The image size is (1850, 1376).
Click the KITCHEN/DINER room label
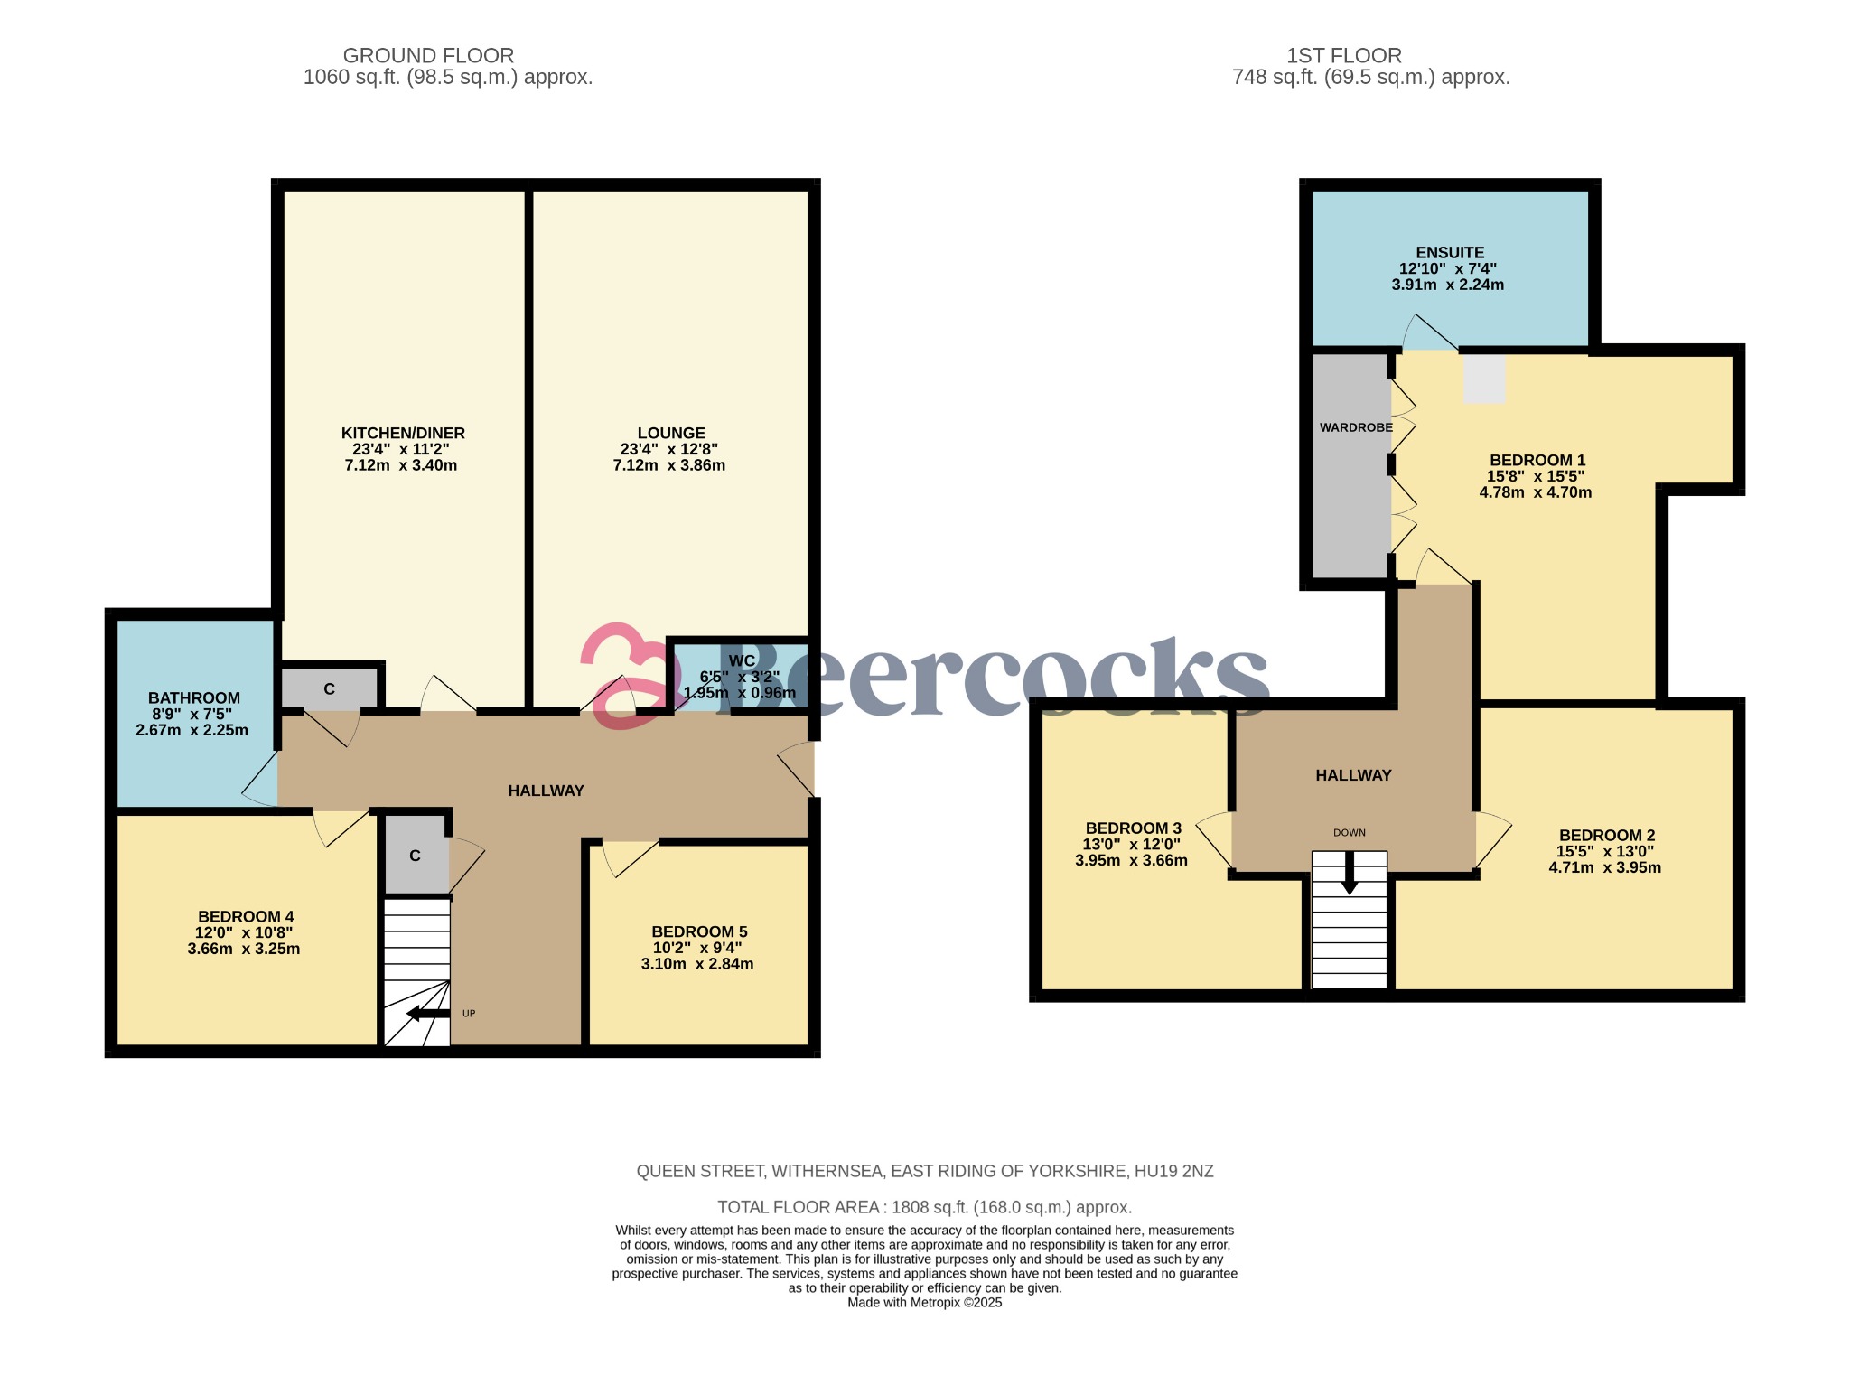402,433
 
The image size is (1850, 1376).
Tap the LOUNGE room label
670,433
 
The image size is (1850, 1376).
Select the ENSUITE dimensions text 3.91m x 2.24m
1447,285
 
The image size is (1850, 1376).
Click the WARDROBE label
1355,427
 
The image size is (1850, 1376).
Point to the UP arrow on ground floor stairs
428,1013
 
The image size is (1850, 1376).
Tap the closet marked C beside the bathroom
329,689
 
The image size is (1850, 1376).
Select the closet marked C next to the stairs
415,856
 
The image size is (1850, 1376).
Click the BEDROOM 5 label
699,931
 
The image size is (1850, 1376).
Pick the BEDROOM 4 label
246,916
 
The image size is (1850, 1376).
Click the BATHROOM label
194,697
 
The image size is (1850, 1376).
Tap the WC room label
741,661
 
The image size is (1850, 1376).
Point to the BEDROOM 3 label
1133,828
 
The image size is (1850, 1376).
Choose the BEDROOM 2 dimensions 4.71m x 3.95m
1604,867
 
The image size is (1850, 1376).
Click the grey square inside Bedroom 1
1484,379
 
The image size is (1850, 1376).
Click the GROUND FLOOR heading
428,56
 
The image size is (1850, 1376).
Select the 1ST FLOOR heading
1343,56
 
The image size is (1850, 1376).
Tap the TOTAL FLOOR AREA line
923,1207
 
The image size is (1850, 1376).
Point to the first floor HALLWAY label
1352,775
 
